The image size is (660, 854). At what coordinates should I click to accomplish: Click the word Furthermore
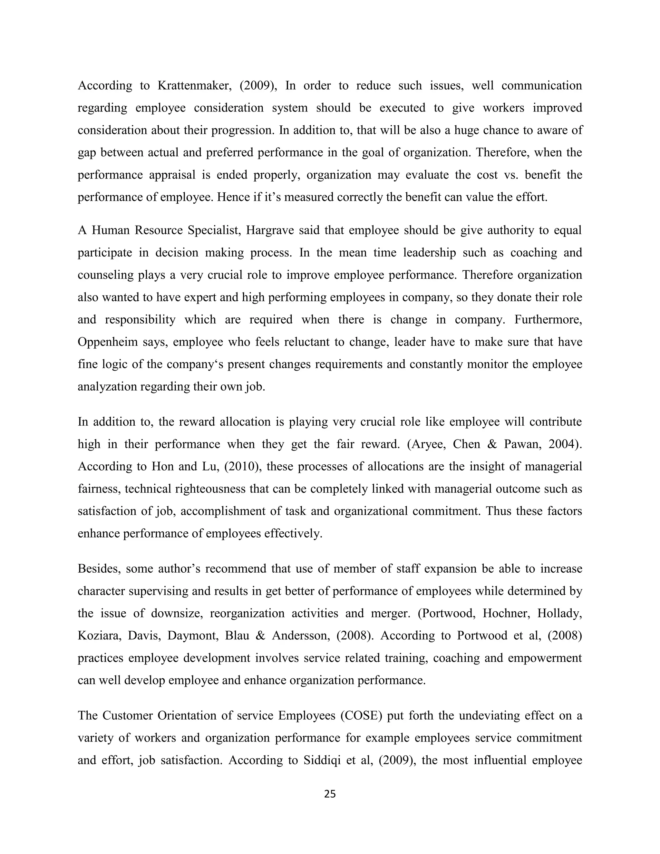pos(548,320)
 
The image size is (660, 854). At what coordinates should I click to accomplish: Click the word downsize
pos(177,614)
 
